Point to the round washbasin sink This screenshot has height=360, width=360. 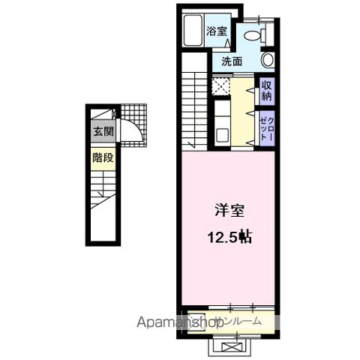pyautogui.click(x=268, y=60)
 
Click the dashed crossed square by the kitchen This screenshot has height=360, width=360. pyautogui.click(x=222, y=87)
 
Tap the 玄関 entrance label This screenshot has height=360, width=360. pyautogui.click(x=103, y=131)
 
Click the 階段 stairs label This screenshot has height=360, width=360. pyautogui.click(x=103, y=158)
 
